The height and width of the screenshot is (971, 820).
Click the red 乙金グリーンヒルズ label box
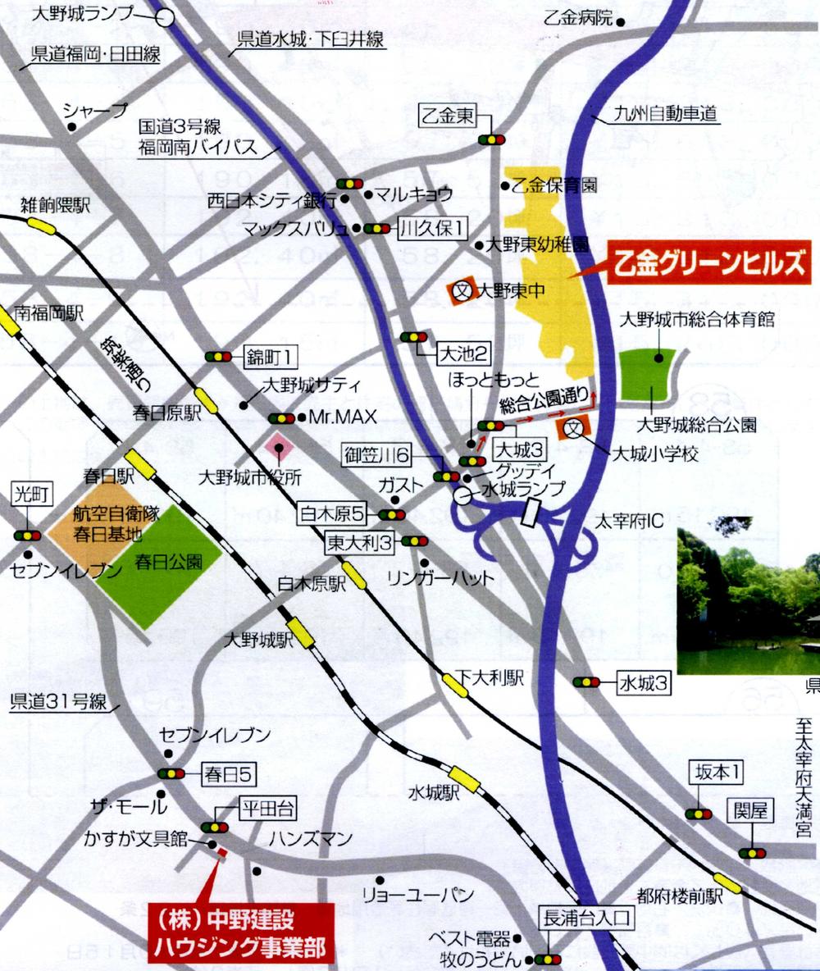(710, 265)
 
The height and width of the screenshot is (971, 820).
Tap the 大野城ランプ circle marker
(167, 16)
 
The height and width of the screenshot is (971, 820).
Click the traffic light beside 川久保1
(377, 229)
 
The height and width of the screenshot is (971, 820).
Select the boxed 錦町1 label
(270, 357)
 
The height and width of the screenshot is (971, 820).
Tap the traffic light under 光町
(26, 536)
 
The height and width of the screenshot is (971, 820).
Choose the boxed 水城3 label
(645, 682)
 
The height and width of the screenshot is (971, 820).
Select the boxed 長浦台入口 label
(585, 919)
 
